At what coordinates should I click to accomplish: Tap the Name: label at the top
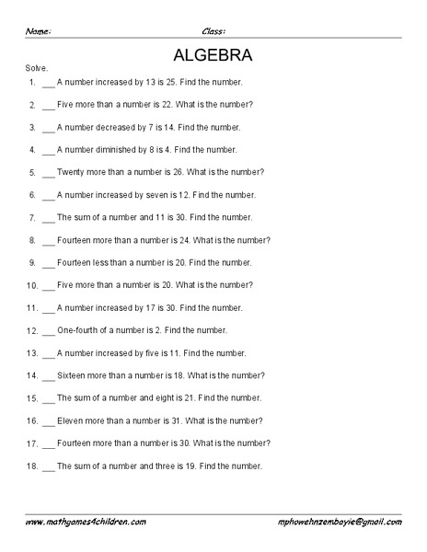coord(38,30)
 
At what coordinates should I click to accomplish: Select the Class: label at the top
coord(214,30)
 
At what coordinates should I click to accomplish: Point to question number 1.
coord(31,82)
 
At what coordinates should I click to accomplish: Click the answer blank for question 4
coord(48,149)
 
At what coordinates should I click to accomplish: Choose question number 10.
coord(29,285)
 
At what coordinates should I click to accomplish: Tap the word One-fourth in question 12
coord(77,329)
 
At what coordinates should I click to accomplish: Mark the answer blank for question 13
coord(48,352)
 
